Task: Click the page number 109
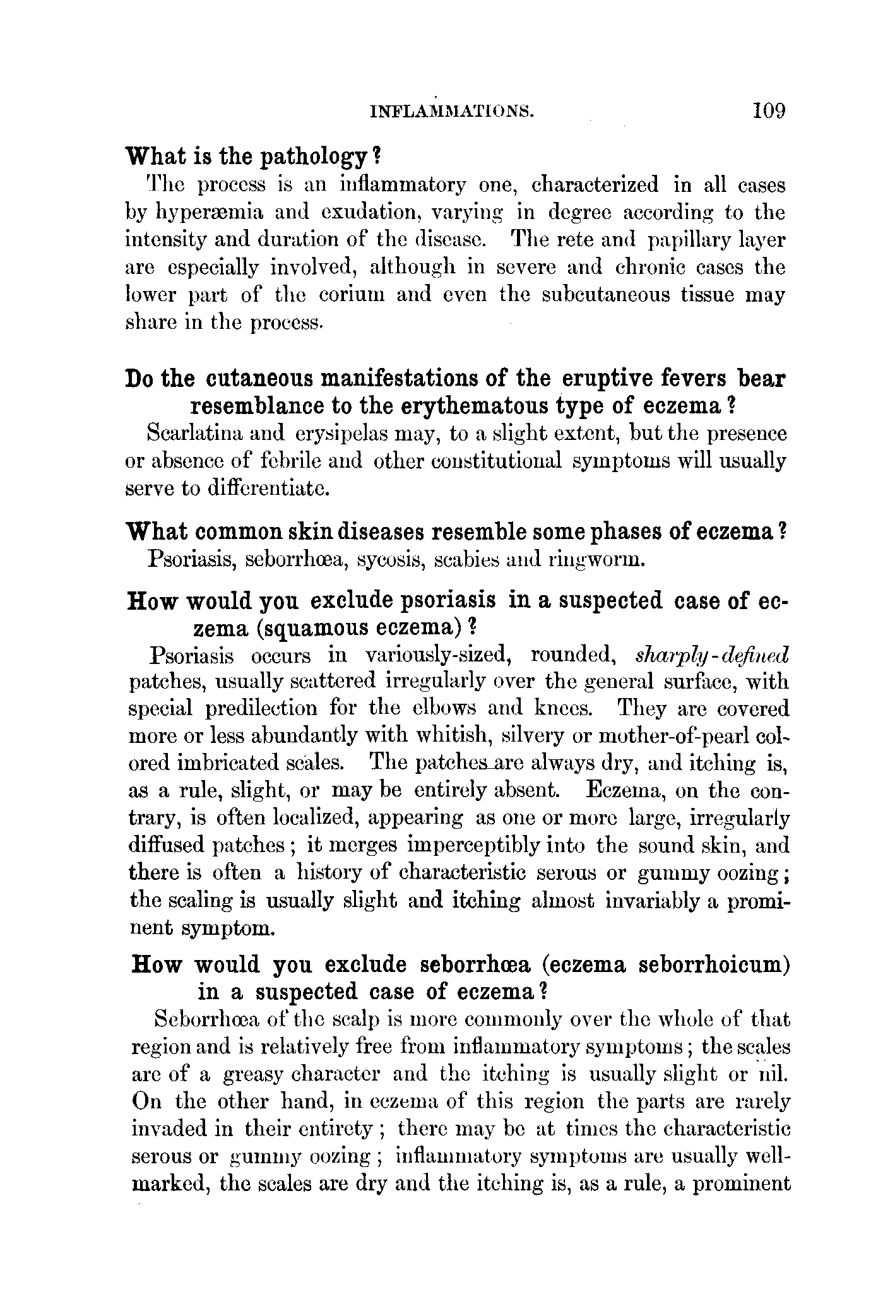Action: tap(769, 111)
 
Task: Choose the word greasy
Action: tap(250, 1074)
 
